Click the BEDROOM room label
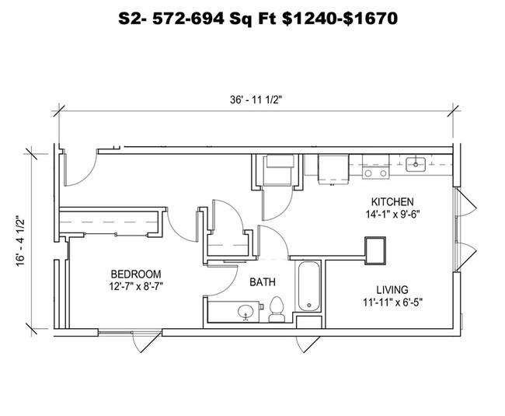pos(136,274)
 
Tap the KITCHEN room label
pos(392,201)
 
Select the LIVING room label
pos(392,290)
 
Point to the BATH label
pos(263,282)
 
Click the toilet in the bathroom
pos(277,309)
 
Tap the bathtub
pos(309,286)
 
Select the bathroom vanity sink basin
pos(246,312)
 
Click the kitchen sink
pos(416,164)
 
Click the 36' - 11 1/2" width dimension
pos(256,100)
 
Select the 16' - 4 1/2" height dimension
pos(21,241)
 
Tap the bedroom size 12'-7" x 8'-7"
pos(136,286)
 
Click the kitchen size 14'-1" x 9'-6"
pos(392,214)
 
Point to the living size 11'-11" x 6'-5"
pos(392,302)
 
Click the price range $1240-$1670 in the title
pos(340,19)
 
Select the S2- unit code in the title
pos(132,19)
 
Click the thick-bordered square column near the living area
pos(375,250)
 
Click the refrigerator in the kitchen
pos(333,170)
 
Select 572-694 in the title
pos(188,19)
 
